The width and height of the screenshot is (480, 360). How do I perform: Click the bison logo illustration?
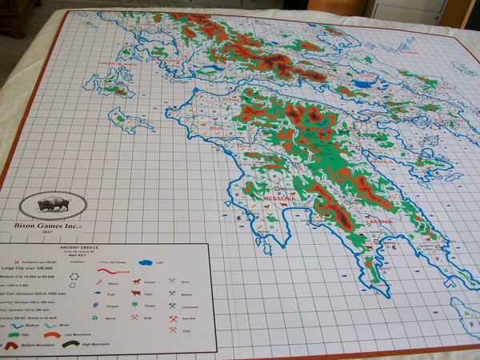(x=54, y=206)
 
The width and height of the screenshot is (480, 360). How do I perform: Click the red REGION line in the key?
(x=108, y=274)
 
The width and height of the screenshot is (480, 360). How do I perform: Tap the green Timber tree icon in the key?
(x=135, y=305)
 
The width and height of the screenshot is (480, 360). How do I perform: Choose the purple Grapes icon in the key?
(x=97, y=304)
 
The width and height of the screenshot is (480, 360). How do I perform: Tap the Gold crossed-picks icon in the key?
(x=135, y=318)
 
